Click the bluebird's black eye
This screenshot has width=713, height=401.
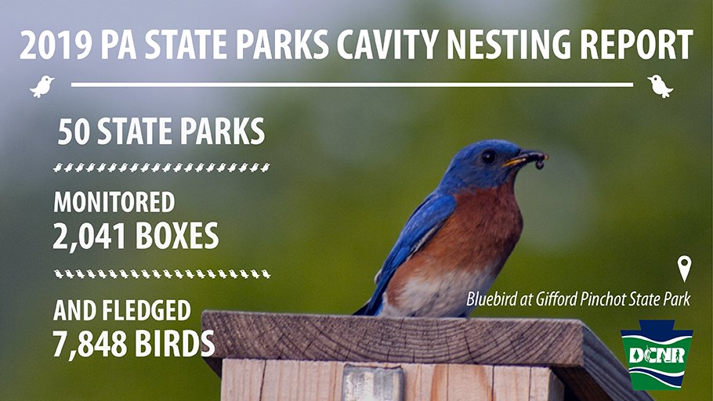489,156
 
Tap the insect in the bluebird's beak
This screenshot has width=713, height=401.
538,160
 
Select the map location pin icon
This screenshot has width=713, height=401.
684,269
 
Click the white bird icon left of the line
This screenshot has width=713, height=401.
42,85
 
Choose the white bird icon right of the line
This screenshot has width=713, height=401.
660,85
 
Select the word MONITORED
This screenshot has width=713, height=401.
114,203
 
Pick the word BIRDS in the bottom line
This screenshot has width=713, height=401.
174,342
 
